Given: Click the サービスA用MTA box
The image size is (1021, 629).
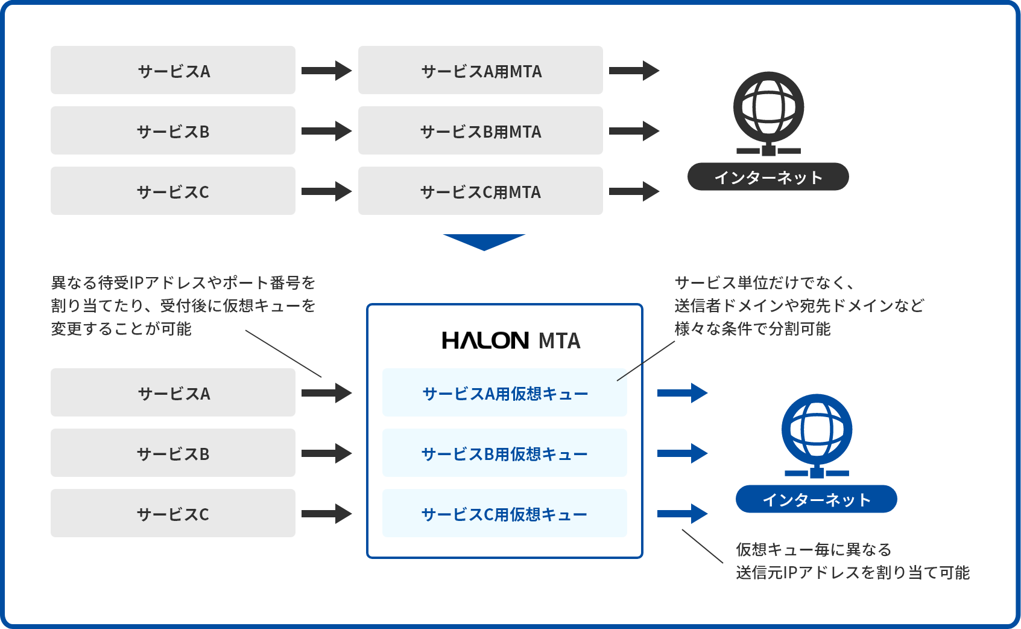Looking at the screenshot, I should pos(480,71).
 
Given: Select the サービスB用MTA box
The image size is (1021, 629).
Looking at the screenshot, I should pos(480,131).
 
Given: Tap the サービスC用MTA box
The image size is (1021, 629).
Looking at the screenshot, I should pos(480,191).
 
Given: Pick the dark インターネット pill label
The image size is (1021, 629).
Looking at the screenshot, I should pos(768,177).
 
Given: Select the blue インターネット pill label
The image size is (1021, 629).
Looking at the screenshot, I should pos(816,499).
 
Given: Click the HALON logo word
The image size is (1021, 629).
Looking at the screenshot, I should pos(485,340).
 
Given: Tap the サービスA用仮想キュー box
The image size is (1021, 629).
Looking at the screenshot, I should pos(504,393).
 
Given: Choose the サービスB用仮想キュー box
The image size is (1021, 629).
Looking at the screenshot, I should pos(504,453).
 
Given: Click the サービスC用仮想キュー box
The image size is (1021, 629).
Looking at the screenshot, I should pos(504,514).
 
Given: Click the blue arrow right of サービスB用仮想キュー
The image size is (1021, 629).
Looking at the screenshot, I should pos(682,453).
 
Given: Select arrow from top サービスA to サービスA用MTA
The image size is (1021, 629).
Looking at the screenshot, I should pos(326,71).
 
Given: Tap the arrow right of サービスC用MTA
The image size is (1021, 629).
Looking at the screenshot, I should pos(634,191).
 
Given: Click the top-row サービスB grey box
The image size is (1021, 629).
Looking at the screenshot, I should pos(172,131).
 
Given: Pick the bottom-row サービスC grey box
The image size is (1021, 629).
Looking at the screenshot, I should pos(172,514).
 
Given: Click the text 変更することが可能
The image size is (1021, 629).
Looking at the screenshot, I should pos(121,328).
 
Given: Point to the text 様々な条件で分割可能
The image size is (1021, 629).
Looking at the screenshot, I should pos(752,328).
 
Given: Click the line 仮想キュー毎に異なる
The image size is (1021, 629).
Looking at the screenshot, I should pos(813,549).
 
